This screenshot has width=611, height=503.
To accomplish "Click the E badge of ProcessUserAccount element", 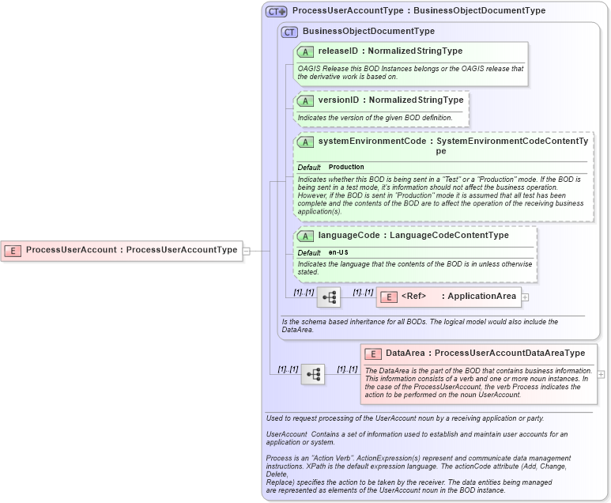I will (x=13, y=250).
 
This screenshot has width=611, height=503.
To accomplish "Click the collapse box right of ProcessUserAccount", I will (x=247, y=251).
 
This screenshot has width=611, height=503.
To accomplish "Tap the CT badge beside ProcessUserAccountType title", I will (x=276, y=11).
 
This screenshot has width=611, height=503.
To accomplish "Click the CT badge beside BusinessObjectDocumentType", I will (x=289, y=32).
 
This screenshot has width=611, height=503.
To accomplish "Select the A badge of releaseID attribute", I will (x=305, y=51).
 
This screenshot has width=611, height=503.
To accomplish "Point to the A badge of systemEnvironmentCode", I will (x=305, y=142).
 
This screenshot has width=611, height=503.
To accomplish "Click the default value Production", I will (x=346, y=167).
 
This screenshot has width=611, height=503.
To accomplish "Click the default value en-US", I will (x=338, y=252).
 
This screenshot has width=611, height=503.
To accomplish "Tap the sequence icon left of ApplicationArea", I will (x=329, y=297).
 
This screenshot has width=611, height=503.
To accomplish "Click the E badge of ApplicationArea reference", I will (x=389, y=297).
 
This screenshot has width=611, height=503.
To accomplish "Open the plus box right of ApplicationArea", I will (x=525, y=297).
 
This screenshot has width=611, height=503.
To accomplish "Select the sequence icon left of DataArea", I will (x=313, y=374).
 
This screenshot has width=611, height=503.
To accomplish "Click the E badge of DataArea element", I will (x=372, y=354).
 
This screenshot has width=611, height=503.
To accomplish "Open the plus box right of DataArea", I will (x=602, y=374).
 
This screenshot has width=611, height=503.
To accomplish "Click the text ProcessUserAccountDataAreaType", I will (x=510, y=353).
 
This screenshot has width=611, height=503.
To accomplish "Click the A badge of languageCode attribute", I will (x=305, y=236).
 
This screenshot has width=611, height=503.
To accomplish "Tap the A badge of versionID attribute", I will (x=305, y=100).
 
